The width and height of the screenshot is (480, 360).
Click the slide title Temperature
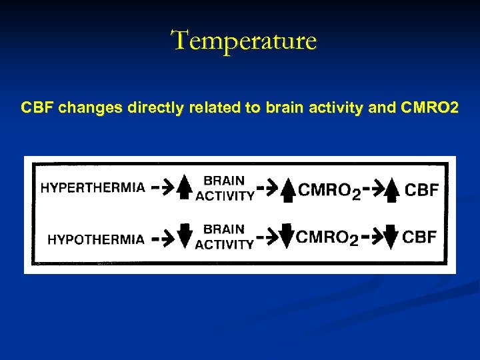[245, 41]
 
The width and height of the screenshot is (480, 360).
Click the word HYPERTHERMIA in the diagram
[93, 188]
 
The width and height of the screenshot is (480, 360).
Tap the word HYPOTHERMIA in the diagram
[95, 239]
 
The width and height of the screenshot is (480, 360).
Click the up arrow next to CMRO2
[288, 190]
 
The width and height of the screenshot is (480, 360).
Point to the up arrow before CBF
[393, 190]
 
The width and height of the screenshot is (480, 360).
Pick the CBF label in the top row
[422, 191]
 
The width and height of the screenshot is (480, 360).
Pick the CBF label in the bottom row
[420, 237]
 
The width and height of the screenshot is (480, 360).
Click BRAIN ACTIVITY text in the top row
[225, 188]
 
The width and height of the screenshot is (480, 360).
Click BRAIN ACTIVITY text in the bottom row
[224, 237]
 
